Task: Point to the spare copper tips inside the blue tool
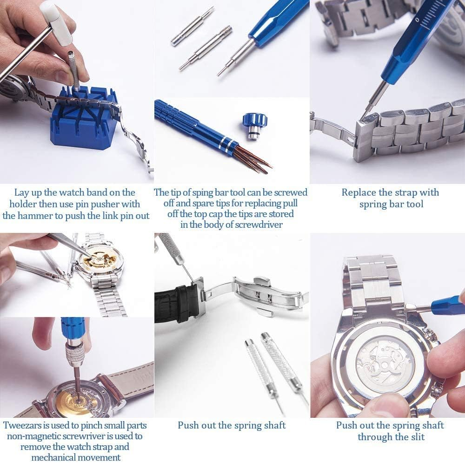click(253, 158)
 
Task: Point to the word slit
click(416, 437)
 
